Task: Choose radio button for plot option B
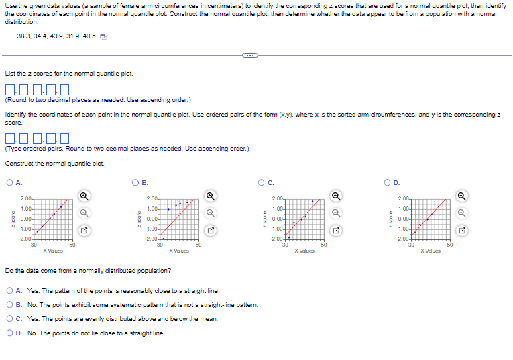[135, 182]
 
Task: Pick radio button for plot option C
[261, 182]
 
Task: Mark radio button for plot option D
[387, 182]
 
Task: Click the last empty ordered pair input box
[65, 139]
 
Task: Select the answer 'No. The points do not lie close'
[9, 333]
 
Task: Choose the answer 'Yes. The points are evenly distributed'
[9, 319]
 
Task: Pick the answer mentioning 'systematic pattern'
[9, 305]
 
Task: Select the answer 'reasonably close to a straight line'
[9, 291]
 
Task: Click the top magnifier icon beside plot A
[85, 196]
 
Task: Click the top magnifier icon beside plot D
[462, 196]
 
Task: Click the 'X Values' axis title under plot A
[53, 251]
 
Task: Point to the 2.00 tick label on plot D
[402, 199]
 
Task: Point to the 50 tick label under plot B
[198, 245]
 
